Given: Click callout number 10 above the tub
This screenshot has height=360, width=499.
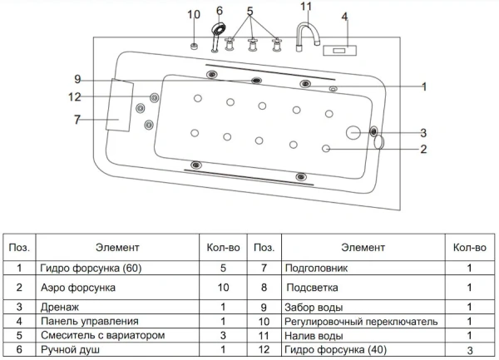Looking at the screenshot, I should pos(194,14).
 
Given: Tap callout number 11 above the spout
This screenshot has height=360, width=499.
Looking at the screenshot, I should pos(306,7).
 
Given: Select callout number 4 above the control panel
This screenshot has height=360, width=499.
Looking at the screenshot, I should pos(344,16).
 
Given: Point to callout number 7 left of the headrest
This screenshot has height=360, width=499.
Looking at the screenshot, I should pos(77,120).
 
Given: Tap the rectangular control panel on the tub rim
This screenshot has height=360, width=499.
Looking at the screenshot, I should pos(341,50).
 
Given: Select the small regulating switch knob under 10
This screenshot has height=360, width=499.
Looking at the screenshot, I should pos(194,45).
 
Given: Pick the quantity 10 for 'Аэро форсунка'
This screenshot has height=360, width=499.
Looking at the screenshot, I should pos(222,287).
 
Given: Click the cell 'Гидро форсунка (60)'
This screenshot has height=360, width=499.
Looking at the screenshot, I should pos(86,269).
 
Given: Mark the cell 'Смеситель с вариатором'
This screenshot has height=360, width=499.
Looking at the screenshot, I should pos(96,335).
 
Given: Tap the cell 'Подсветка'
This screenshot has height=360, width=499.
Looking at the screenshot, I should pos(309,287).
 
